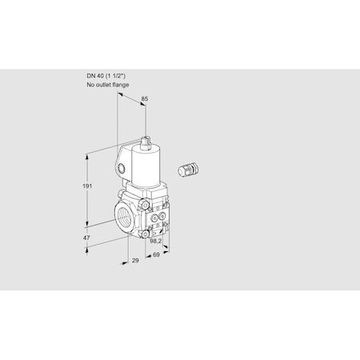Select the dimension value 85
click(143, 100)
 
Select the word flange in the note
click(118, 84)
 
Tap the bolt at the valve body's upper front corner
click(150, 206)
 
